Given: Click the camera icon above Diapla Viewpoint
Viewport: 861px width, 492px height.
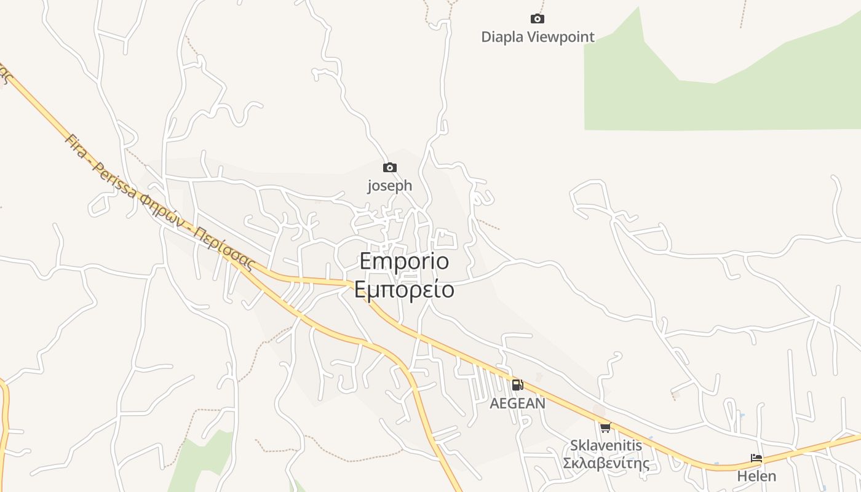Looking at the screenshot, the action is (x=538, y=19).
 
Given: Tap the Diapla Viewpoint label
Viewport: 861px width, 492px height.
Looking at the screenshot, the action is (x=538, y=37).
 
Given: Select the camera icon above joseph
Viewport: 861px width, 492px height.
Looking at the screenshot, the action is (x=389, y=167).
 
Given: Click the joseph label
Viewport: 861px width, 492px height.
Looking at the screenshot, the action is (x=389, y=185).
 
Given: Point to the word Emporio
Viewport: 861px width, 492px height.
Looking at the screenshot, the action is (x=404, y=261).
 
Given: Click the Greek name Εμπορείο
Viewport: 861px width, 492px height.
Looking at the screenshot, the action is (x=404, y=289).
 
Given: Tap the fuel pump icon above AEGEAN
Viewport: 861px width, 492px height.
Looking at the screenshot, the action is (x=517, y=385).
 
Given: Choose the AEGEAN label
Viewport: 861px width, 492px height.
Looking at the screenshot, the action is (x=517, y=403).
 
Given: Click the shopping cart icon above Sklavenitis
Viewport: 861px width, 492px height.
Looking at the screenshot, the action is (x=605, y=427).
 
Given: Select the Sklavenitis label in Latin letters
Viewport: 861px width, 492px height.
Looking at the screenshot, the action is (x=606, y=445).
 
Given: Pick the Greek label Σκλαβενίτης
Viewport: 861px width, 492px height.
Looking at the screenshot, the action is (x=606, y=463).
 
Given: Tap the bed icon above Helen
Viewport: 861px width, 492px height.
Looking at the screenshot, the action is (x=756, y=458).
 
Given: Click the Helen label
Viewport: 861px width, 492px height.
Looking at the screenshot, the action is (x=756, y=476).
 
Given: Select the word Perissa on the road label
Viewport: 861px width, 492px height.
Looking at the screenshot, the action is (x=115, y=180).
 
